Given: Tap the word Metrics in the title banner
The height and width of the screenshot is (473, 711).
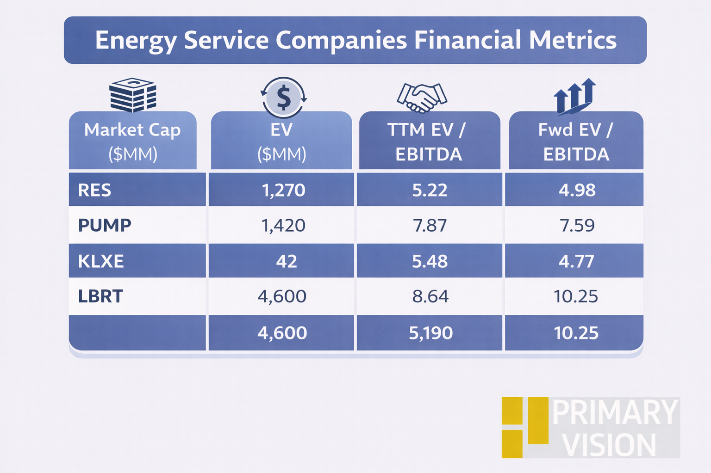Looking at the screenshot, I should (573, 40).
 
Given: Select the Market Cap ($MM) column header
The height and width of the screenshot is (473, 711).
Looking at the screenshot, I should (132, 141).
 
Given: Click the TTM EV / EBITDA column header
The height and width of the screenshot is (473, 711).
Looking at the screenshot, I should (429, 141).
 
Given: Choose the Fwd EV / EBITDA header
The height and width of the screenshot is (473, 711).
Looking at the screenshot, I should (576, 141).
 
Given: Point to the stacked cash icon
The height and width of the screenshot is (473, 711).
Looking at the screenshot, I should (133, 95).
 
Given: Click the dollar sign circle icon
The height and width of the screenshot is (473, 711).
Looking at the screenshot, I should (283, 97).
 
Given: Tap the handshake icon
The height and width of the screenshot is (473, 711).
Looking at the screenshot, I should (422, 97).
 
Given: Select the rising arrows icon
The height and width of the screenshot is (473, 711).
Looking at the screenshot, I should (574, 96).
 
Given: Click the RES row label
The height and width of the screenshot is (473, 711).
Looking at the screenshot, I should (95, 190).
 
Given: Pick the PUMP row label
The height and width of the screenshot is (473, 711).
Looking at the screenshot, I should (105, 225).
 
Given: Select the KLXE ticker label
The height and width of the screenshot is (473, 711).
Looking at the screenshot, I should (101, 261).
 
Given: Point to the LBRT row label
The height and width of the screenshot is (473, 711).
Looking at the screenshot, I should (100, 296).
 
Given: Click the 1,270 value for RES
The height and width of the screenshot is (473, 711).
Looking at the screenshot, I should (283, 190).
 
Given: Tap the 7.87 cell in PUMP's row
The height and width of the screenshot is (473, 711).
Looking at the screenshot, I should (430, 225).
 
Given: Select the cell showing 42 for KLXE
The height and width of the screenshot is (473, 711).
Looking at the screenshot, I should (286, 261).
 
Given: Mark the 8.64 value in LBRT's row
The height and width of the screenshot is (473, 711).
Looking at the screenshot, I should (430, 296).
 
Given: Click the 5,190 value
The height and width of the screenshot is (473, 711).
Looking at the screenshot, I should (430, 333).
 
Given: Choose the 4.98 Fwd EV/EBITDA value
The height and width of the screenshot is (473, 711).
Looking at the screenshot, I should (577, 190).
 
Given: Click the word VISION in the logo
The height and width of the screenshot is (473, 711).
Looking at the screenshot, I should (609, 445).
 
